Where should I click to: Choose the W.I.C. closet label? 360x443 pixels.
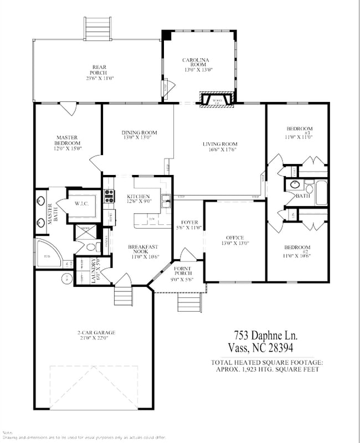[x=82, y=204]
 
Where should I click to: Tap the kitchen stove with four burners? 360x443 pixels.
[x=109, y=195]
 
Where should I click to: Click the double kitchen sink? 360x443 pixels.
[x=166, y=200]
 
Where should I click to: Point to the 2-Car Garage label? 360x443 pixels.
[x=96, y=333]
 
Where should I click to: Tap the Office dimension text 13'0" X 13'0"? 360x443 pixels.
[x=235, y=243]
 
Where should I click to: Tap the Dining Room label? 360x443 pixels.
[x=139, y=132]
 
